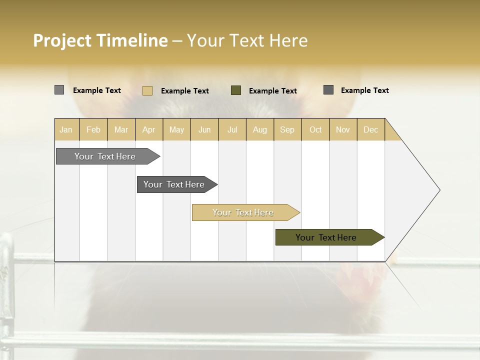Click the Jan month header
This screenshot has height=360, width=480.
pyautogui.click(x=66, y=129)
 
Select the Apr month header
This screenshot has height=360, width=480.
pyautogui.click(x=148, y=129)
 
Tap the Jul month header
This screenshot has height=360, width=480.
pyautogui.click(x=232, y=129)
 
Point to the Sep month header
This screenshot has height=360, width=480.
pyautogui.click(x=287, y=129)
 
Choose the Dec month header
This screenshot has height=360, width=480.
pyautogui.click(x=370, y=129)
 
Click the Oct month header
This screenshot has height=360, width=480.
pyautogui.click(x=315, y=129)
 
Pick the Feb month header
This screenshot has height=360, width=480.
pyautogui.click(x=93, y=129)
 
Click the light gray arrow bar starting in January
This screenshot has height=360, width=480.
pyautogui.click(x=105, y=156)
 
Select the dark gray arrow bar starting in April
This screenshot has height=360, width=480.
pyautogui.click(x=174, y=184)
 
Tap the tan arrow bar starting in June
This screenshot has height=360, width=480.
pyautogui.click(x=243, y=212)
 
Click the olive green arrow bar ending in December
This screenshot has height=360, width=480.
pyautogui.click(x=326, y=237)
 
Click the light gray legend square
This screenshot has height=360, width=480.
pyautogui.click(x=59, y=90)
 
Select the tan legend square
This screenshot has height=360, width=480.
pyautogui.click(x=147, y=90)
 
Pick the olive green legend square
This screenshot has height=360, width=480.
pyautogui.click(x=236, y=90)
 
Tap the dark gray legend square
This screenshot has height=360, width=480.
pyautogui.click(x=328, y=89)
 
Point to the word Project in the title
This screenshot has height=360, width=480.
pyautogui.click(x=62, y=40)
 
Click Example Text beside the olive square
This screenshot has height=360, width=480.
pyautogui.click(x=272, y=90)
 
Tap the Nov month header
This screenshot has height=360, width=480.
pyautogui.click(x=342, y=129)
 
